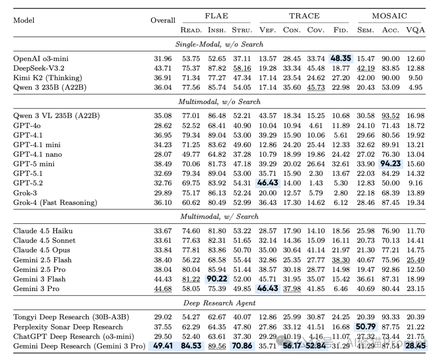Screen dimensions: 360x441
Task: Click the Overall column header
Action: [163, 20]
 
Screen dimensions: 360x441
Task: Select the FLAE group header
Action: [216, 16]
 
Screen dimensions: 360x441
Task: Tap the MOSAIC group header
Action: [389, 16]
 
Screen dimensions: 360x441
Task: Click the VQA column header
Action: [415, 30]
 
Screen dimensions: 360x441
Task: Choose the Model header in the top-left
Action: [24, 20]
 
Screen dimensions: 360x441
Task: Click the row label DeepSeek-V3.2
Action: [38, 68]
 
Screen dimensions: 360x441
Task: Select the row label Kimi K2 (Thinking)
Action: [47, 78]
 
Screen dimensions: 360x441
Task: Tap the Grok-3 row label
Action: [25, 193]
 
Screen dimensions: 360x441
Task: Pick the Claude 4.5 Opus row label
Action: [41, 250]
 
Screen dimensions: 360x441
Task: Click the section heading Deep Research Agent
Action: [219, 303]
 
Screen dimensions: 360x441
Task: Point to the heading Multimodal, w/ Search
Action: [219, 217]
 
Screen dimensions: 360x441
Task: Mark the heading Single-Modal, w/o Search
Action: [219, 44]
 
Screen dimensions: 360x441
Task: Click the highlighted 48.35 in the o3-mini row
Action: [341, 59]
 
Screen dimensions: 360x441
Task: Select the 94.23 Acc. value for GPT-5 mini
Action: [391, 164]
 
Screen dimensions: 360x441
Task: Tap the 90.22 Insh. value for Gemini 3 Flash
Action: [217, 279]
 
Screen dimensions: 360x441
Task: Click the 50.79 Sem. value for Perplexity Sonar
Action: [366, 327]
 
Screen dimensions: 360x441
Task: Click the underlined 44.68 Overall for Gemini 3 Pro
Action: [163, 289]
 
